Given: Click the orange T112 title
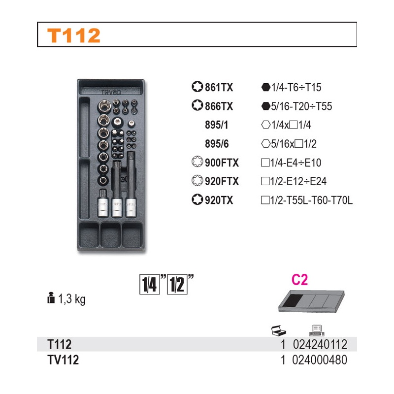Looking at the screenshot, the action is click(x=73, y=35).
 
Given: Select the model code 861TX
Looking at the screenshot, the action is click(x=219, y=88).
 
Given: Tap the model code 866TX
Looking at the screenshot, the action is click(x=219, y=106).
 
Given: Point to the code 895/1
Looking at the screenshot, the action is click(x=217, y=125).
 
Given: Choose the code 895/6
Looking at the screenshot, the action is click(x=217, y=144).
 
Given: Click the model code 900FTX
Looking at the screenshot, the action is click(x=222, y=163).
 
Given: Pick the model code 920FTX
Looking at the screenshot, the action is click(x=222, y=181).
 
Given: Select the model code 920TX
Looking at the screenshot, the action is click(x=219, y=200).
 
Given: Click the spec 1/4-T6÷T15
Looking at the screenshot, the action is click(x=296, y=88).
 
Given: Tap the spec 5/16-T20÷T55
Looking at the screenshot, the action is click(x=301, y=106).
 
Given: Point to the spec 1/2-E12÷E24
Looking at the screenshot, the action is click(x=298, y=181).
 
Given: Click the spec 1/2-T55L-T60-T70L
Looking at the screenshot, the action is click(x=311, y=200).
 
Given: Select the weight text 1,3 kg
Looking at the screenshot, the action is click(x=72, y=299).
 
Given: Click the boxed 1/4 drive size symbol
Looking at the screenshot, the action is click(x=150, y=285).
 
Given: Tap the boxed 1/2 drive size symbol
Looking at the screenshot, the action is click(x=177, y=285).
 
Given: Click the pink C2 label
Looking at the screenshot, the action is click(x=299, y=279).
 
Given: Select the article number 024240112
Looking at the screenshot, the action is click(x=320, y=344).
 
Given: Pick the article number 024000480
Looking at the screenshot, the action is click(x=320, y=360).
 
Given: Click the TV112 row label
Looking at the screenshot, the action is click(x=63, y=360).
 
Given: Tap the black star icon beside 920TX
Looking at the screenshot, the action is click(x=197, y=200).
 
